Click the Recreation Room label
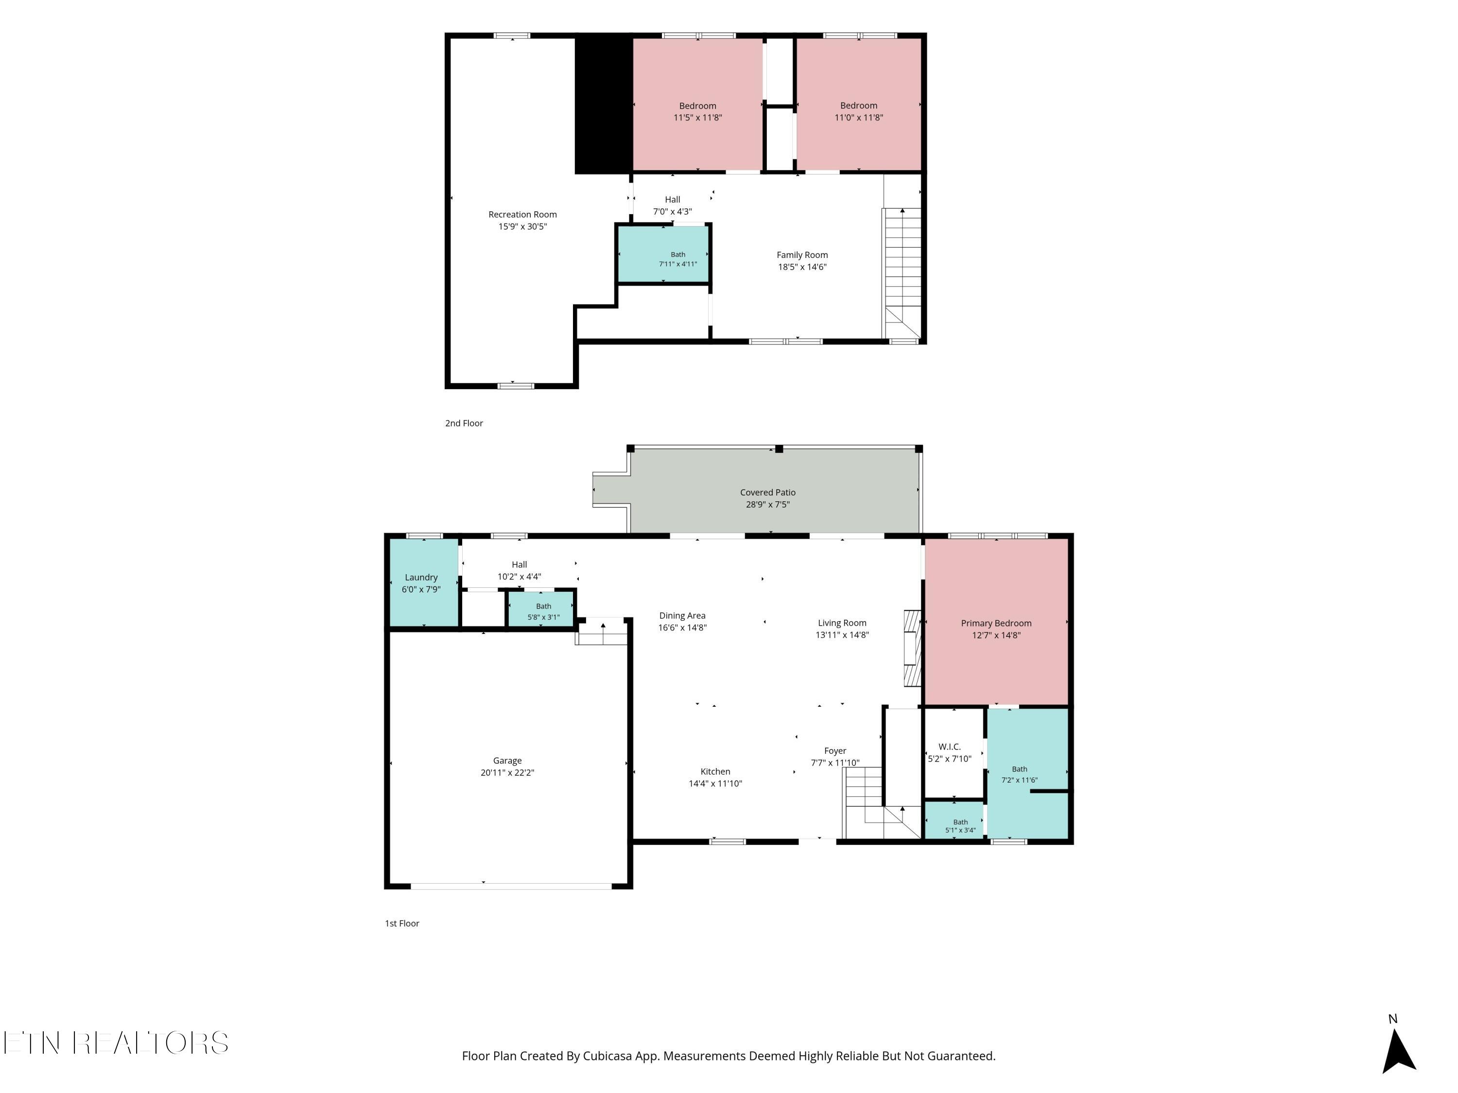(522, 214)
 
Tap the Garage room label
(507, 760)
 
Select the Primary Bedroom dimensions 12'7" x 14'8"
(996, 635)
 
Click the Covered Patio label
(767, 492)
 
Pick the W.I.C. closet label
(949, 747)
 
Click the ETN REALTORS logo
(116, 1043)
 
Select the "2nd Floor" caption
(464, 423)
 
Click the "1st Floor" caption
(402, 923)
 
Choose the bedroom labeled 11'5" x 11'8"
(697, 104)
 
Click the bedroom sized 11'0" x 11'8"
(859, 104)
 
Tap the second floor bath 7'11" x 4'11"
(663, 255)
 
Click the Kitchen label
(715, 771)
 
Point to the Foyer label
(835, 751)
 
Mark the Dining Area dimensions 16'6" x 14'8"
(682, 628)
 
